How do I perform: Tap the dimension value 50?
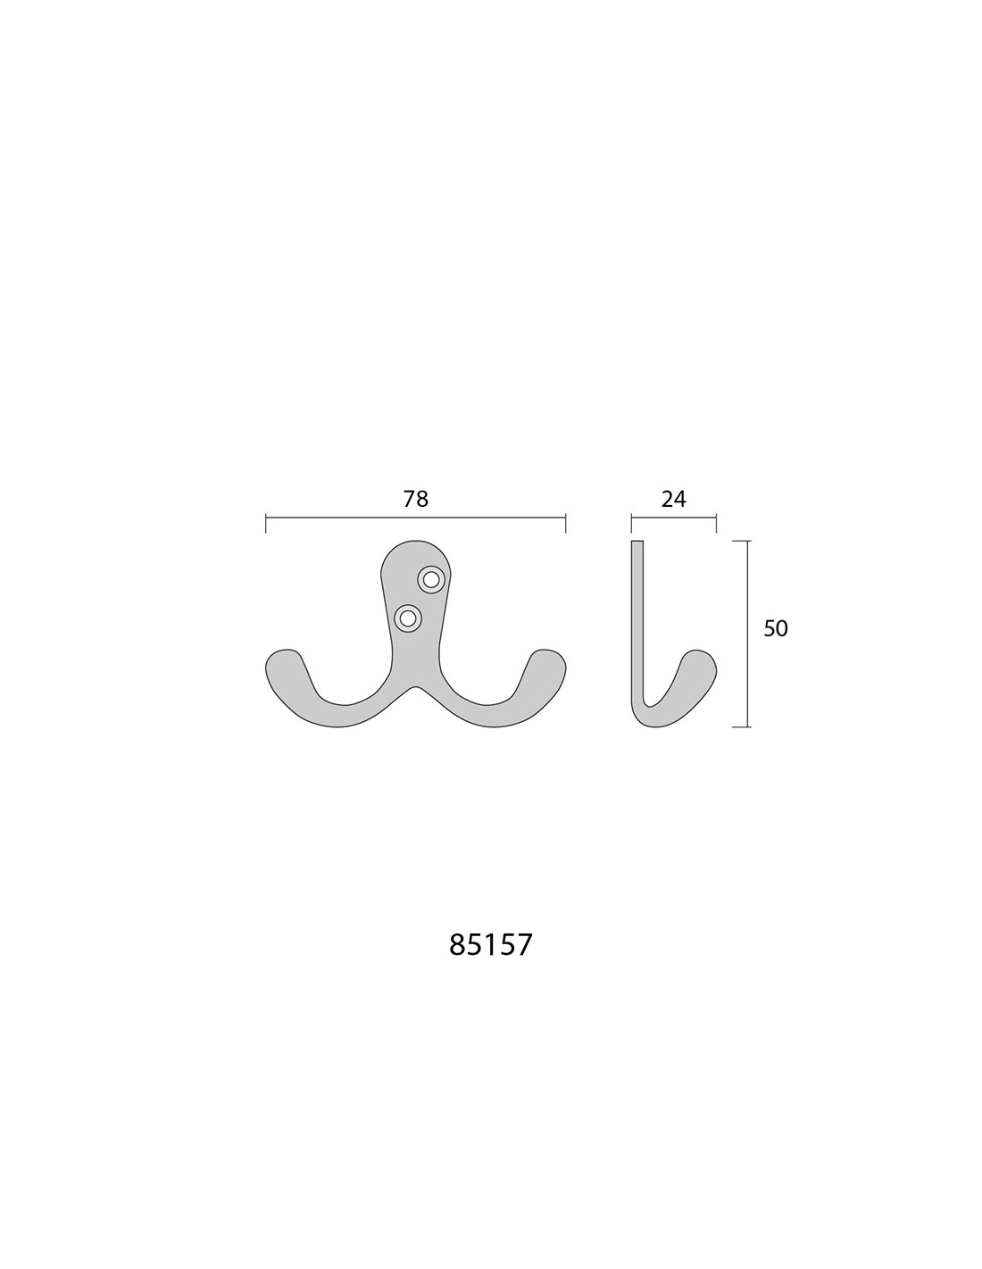[776, 628]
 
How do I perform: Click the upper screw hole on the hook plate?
[431, 580]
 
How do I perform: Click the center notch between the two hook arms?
[415, 687]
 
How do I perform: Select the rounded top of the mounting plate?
[415, 544]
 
